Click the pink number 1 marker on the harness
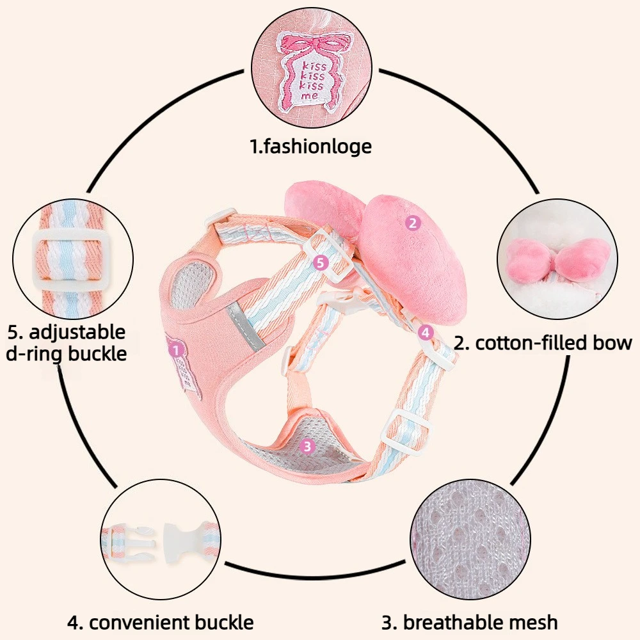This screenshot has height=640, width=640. [x=176, y=350]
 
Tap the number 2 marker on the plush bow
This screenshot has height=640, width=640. [x=413, y=223]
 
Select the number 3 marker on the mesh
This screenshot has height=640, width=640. [x=307, y=446]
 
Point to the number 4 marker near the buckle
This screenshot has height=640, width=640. [x=426, y=333]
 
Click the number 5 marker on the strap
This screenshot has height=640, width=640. [x=321, y=263]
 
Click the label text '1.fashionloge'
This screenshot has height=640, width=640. [x=311, y=147]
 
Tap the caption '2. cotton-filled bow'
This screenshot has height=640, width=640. [x=543, y=343]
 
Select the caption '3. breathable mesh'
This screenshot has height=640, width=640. [x=470, y=623]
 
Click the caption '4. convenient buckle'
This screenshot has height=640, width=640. [x=161, y=623]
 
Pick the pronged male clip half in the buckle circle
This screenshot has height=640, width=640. [x=129, y=538]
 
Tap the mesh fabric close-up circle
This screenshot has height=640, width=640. [x=470, y=539]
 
